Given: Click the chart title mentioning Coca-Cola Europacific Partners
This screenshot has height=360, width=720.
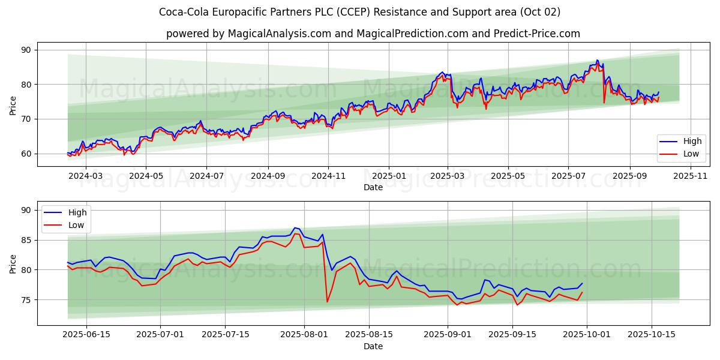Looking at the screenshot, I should click(x=360, y=12).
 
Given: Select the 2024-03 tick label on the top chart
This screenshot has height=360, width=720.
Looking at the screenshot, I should click(x=86, y=176).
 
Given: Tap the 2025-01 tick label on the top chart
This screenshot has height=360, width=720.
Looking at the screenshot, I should click(x=388, y=176).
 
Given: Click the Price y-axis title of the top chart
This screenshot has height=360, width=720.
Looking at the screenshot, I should click(x=13, y=105).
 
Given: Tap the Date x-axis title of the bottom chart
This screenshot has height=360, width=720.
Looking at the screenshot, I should click(x=373, y=346).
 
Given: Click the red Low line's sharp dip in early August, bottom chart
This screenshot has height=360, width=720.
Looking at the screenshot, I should click(x=327, y=301).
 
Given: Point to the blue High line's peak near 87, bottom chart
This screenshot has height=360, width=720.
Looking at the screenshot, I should click(x=295, y=228).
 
